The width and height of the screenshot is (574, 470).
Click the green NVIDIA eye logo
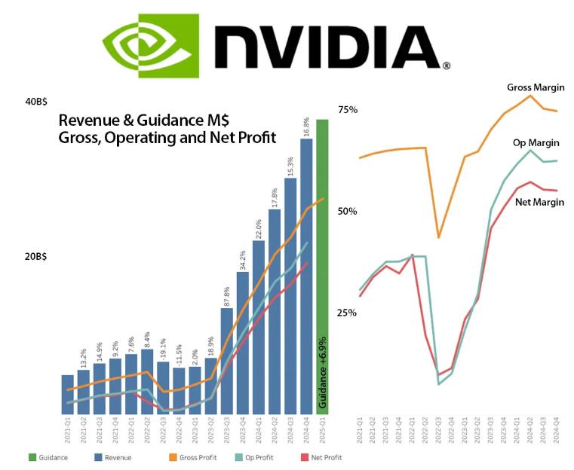click(x=152, y=46)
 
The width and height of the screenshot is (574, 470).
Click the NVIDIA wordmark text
click(x=333, y=47)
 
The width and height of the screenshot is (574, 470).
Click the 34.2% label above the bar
click(x=243, y=260)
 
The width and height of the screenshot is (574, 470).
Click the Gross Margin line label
click(x=536, y=87)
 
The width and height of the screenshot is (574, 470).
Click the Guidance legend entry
click(x=48, y=457)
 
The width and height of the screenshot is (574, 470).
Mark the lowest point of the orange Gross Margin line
click(x=439, y=237)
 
